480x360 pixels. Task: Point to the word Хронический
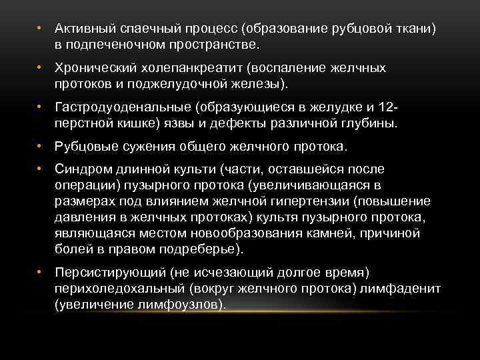(94, 69)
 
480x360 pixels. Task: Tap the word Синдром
(83, 169)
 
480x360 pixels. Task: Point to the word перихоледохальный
(119, 288)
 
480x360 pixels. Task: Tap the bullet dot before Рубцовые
(41, 146)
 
